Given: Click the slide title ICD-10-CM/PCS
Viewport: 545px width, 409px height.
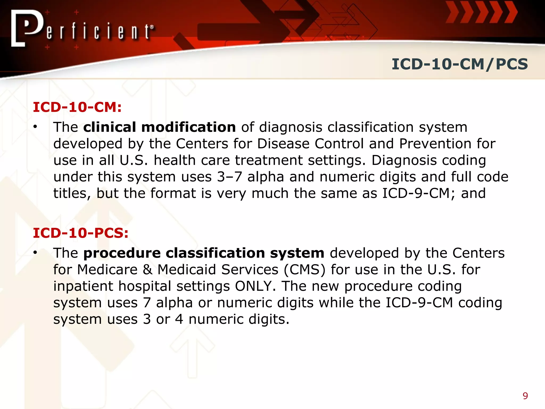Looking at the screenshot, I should coord(460,64).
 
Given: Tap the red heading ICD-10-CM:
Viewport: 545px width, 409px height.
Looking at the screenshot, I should coord(77,107).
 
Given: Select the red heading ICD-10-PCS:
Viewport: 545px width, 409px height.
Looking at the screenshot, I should coord(81,233).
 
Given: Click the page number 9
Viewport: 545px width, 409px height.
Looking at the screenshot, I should coord(525,396).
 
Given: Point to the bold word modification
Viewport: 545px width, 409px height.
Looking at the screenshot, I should coord(188,127).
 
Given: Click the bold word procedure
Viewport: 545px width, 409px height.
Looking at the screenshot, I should coord(122,253).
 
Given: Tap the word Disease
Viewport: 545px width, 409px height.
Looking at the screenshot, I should coord(283,144).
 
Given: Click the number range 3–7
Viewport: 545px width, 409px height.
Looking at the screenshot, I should coord(229,177).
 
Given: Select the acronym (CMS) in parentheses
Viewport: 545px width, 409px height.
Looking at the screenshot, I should coord(304,269).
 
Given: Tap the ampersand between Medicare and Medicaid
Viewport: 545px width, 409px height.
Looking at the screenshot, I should coord(147,269).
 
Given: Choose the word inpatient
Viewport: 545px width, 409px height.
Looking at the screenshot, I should coord(83,287).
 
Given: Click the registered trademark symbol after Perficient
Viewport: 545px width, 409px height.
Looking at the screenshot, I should coord(152,27).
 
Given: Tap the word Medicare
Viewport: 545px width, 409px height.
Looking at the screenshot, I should coord(107,269).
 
